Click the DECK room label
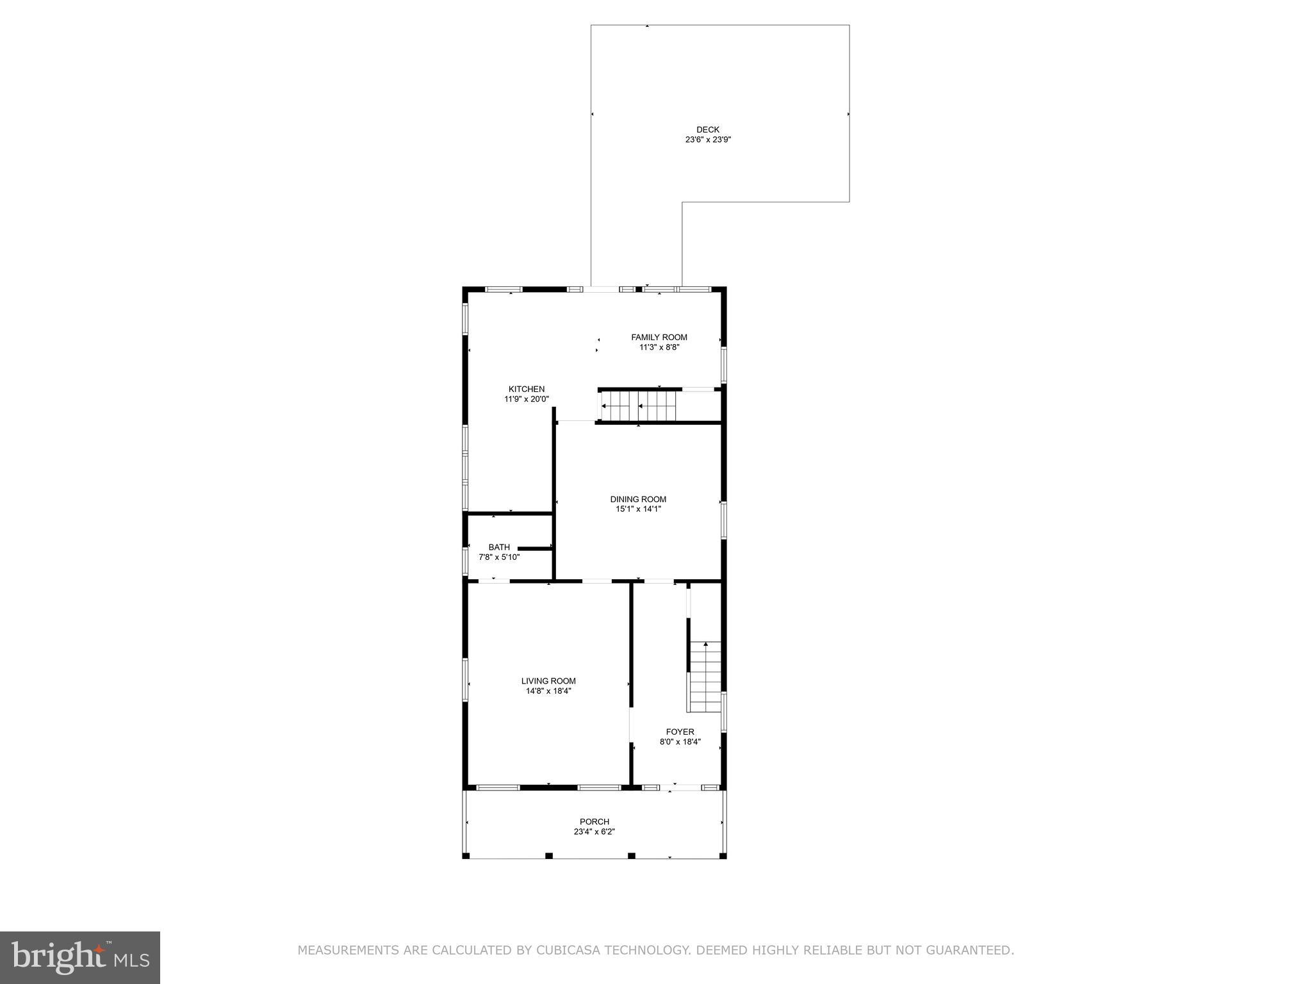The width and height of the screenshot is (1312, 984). [708, 129]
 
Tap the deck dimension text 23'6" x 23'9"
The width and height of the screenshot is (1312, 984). [708, 140]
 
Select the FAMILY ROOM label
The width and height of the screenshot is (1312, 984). [659, 338]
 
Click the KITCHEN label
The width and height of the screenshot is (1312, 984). [527, 389]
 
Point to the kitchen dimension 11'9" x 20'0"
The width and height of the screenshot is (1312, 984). [527, 399]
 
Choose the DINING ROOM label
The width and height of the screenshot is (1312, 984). [638, 499]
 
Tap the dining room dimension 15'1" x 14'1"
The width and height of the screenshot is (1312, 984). [638, 509]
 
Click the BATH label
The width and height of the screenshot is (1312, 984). [499, 547]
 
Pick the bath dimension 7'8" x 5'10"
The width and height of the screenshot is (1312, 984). [499, 557]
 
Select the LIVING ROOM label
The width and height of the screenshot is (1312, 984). [548, 681]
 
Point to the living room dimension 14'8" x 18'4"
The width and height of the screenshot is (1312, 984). [548, 691]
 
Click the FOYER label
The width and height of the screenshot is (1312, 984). [680, 732]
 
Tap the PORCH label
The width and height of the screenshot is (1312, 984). [594, 822]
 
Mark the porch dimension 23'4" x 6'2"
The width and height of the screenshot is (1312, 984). [594, 832]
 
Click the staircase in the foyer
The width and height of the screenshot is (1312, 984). [705, 676]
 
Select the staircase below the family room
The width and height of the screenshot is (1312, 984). [639, 406]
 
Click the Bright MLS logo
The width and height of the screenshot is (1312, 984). [80, 958]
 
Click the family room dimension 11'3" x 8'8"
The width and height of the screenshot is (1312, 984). [659, 348]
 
